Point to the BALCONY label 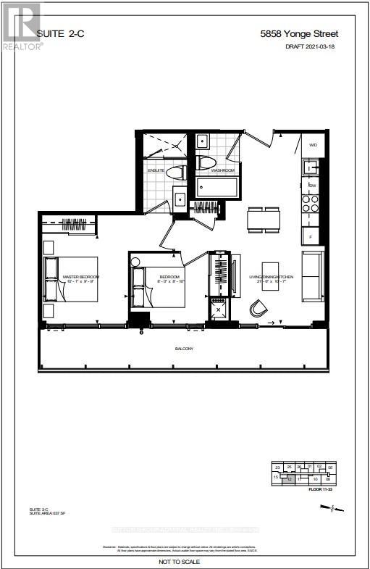point(184,349)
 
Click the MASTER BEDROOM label point(81,277)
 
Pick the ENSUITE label point(157,171)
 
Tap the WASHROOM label point(223,170)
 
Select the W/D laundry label point(314,145)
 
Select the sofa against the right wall point(313,275)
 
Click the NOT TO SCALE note point(185,561)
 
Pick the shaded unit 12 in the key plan point(290,478)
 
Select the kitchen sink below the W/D point(311,168)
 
